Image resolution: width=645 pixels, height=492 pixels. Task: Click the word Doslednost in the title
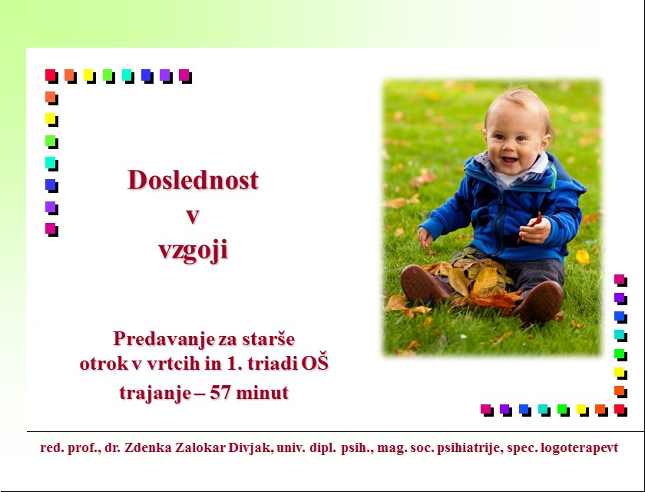click(x=193, y=180)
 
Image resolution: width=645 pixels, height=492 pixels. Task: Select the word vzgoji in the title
click(x=193, y=251)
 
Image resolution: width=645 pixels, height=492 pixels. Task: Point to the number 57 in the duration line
click(x=220, y=392)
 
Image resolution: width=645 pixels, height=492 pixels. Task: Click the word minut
click(x=263, y=393)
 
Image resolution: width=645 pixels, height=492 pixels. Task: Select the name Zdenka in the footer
click(x=148, y=447)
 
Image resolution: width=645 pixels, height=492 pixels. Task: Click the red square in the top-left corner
click(x=51, y=76)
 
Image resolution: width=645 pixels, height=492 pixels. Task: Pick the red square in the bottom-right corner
click(x=620, y=410)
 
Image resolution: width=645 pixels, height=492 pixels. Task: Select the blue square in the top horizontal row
click(x=147, y=76)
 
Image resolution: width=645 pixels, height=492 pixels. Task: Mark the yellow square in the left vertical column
click(x=51, y=120)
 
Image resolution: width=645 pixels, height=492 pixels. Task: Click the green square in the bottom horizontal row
click(x=563, y=410)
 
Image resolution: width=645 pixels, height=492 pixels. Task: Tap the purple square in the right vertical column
click(x=620, y=298)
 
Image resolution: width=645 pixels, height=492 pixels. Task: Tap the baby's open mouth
click(x=509, y=160)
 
